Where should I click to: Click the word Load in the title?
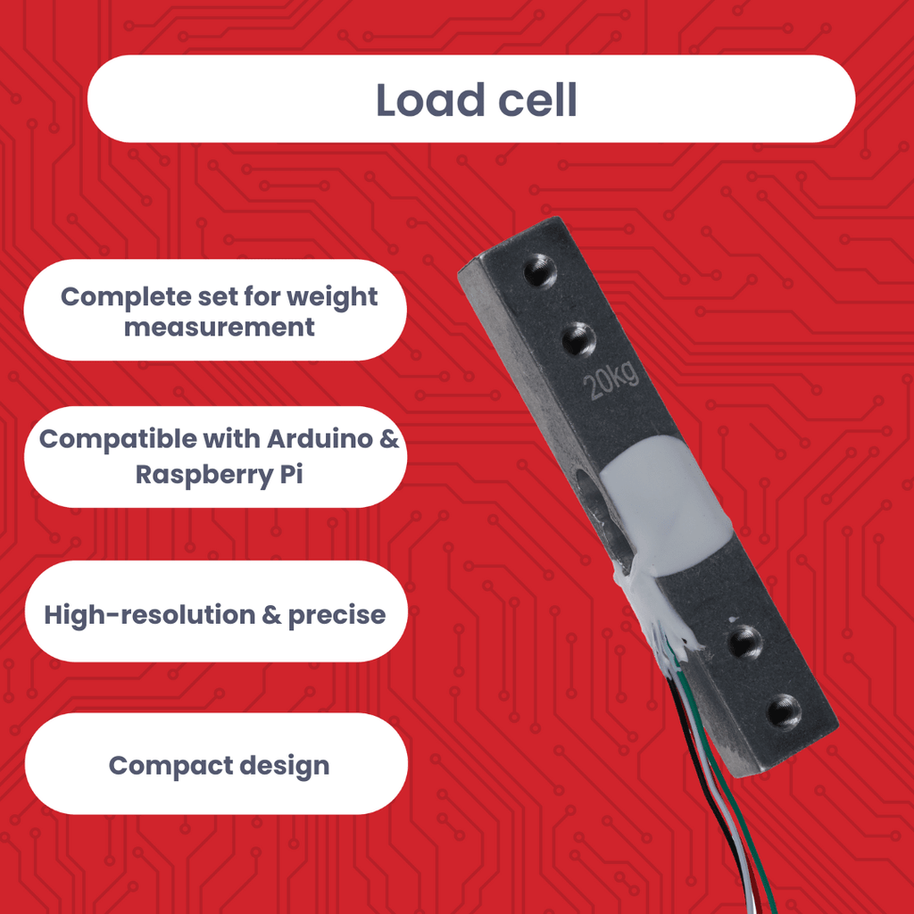coord(430,100)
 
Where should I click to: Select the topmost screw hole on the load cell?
coord(540,271)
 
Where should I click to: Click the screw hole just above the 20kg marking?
coord(578,339)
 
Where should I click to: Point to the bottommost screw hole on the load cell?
coord(784,712)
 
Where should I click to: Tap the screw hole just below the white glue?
coord(745,642)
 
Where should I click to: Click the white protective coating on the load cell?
coord(664,507)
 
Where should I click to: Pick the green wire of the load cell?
coord(728,781)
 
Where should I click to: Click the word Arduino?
coord(320,439)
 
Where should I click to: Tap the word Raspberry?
coord(204,475)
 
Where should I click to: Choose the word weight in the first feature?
coord(332,297)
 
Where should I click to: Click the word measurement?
coord(220,327)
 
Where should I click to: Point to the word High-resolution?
coord(150,615)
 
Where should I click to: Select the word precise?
coord(337,616)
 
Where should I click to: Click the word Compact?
coord(170,766)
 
